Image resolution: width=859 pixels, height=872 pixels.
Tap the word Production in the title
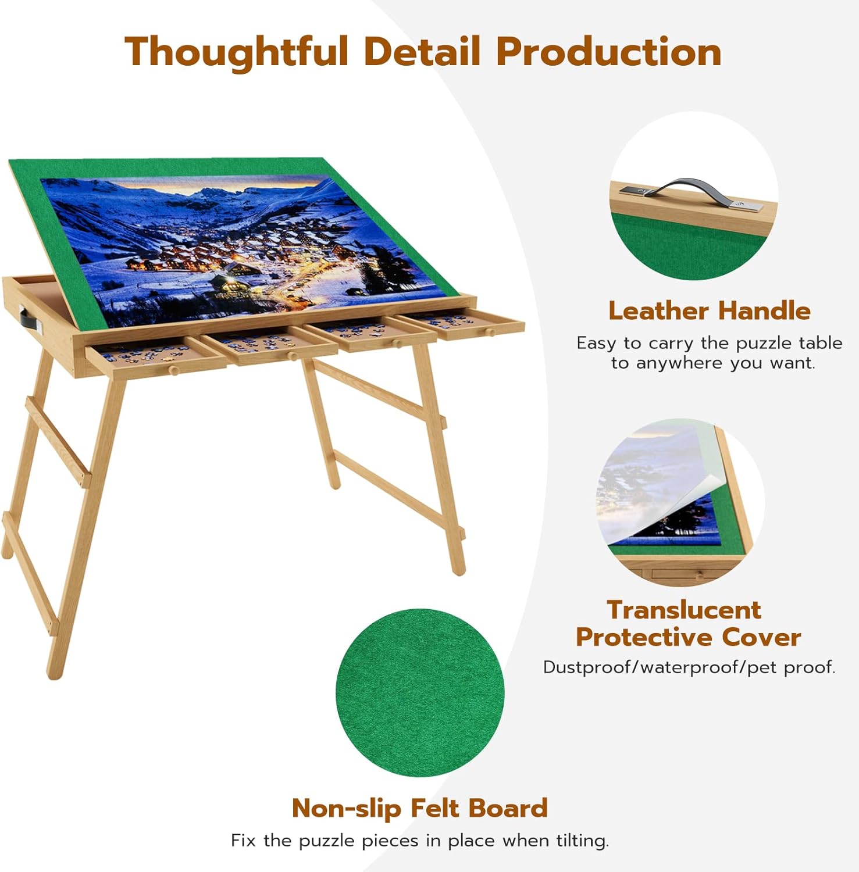(609, 52)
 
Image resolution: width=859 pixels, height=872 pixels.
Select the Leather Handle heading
(709, 311)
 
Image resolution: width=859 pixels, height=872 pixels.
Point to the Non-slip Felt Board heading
(419, 808)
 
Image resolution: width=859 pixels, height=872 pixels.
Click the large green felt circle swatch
(420, 692)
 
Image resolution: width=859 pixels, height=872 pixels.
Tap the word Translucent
(684, 610)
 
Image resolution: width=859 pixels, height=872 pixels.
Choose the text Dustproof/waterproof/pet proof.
(689, 667)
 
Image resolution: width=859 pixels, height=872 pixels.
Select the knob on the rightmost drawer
(490, 333)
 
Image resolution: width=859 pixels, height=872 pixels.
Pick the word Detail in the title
(422, 52)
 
